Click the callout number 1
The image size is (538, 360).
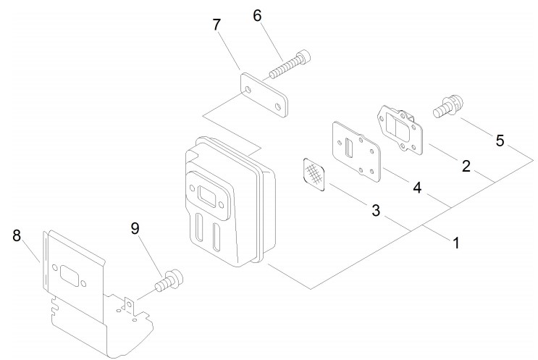click(x=456, y=243)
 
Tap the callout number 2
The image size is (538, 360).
click(x=466, y=166)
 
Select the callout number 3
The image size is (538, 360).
click(x=376, y=210)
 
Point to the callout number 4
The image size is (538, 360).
click(x=417, y=188)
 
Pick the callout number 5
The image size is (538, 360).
click(x=500, y=141)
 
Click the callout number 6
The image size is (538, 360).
click(x=257, y=16)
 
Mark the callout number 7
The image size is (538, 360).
click(x=217, y=25)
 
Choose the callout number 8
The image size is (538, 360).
click(x=17, y=235)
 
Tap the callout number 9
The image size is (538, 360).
click(x=135, y=228)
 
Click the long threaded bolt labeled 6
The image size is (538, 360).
click(x=290, y=64)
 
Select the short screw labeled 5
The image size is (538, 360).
click(x=448, y=106)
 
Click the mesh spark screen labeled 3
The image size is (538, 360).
click(x=314, y=175)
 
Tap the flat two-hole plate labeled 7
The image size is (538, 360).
click(x=264, y=95)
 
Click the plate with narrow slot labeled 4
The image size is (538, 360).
click(x=356, y=151)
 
